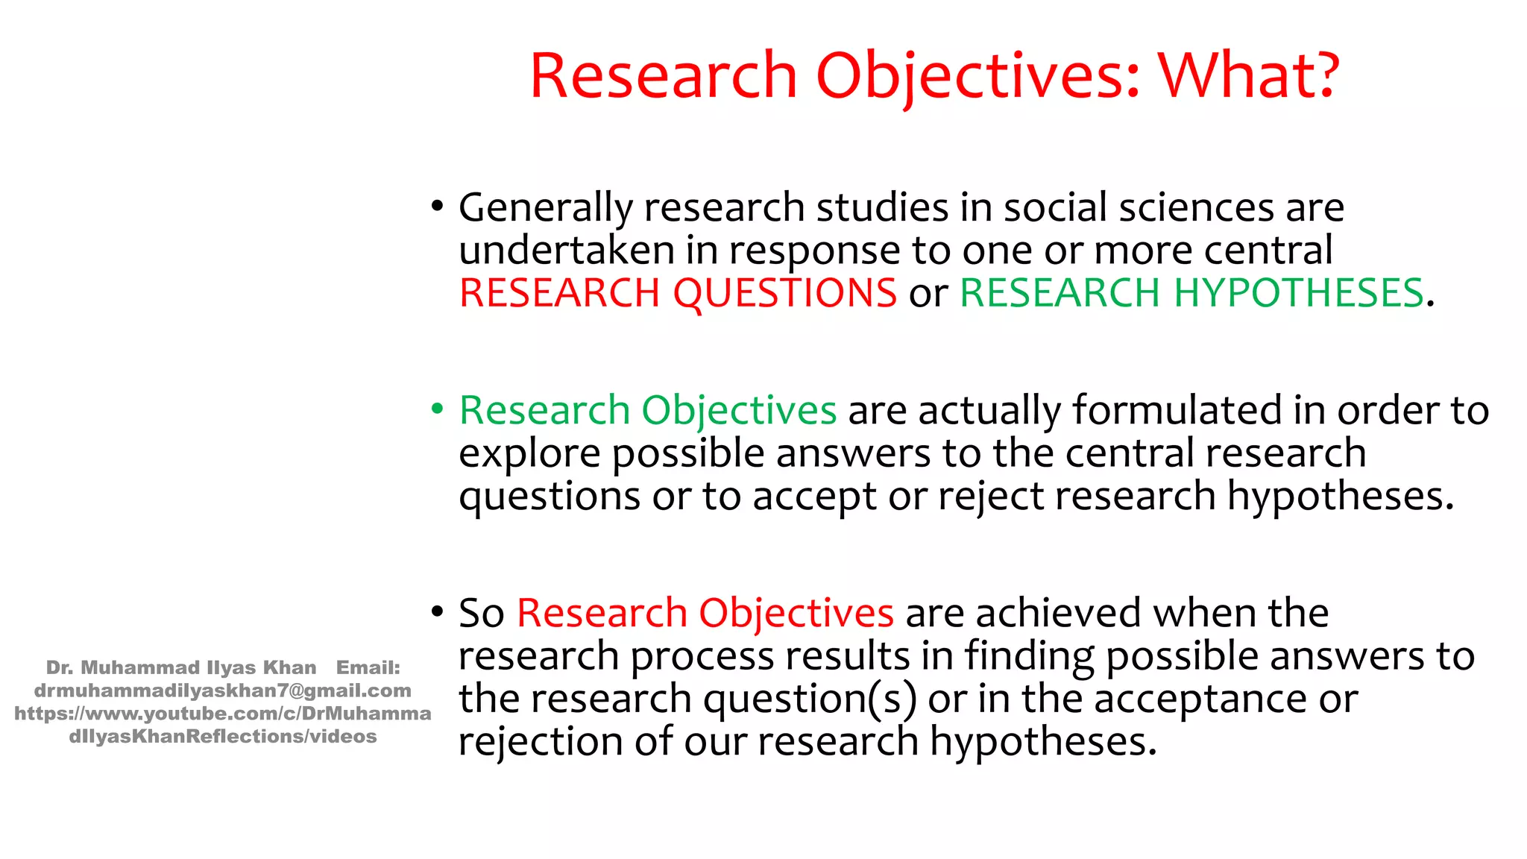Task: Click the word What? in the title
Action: pos(1249,76)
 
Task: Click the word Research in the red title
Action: pos(664,76)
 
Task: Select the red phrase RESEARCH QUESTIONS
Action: pos(678,293)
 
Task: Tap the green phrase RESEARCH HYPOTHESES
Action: pos(1191,293)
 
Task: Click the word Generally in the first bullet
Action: pos(545,208)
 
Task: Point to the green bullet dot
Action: pos(437,409)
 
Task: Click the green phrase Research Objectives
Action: pos(647,411)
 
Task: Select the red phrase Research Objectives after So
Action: pos(705,614)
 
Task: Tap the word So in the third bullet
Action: pos(481,614)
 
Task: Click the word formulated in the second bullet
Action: pos(1177,411)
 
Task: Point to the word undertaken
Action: pos(567,251)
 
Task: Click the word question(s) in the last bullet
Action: pos(810,699)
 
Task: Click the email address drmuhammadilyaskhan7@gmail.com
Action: pos(222,691)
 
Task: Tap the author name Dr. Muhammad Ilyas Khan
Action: pos(181,668)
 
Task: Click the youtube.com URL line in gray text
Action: pos(222,714)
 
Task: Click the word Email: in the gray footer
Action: pos(368,668)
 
